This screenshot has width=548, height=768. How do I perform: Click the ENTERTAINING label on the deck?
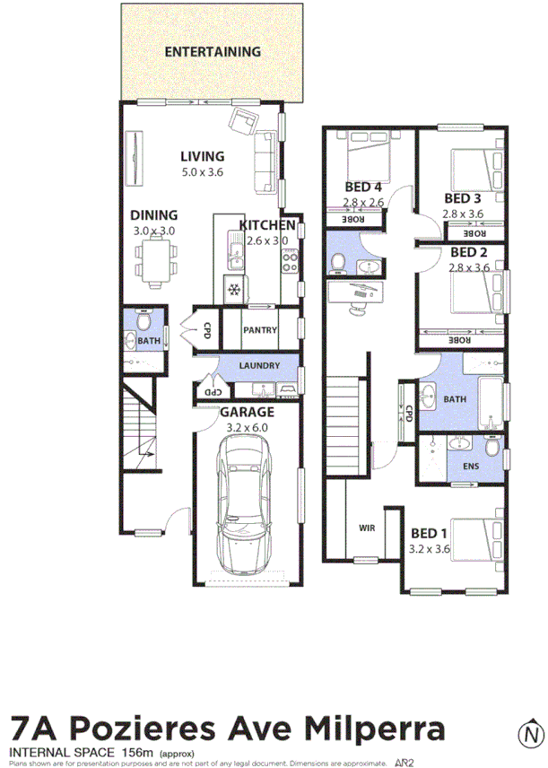click(x=213, y=52)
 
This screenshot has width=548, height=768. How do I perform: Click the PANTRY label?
click(x=259, y=330)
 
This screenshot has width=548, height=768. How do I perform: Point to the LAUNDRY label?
click(x=259, y=366)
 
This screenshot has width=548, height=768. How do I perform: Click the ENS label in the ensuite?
click(x=471, y=467)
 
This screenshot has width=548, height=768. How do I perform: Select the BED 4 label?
click(x=364, y=187)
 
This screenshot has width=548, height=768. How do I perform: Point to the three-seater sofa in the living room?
click(x=266, y=161)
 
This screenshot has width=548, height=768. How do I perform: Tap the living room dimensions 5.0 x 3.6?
click(x=202, y=171)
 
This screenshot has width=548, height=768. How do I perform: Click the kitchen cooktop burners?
click(x=290, y=259)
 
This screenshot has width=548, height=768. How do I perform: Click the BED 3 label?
click(x=463, y=198)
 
